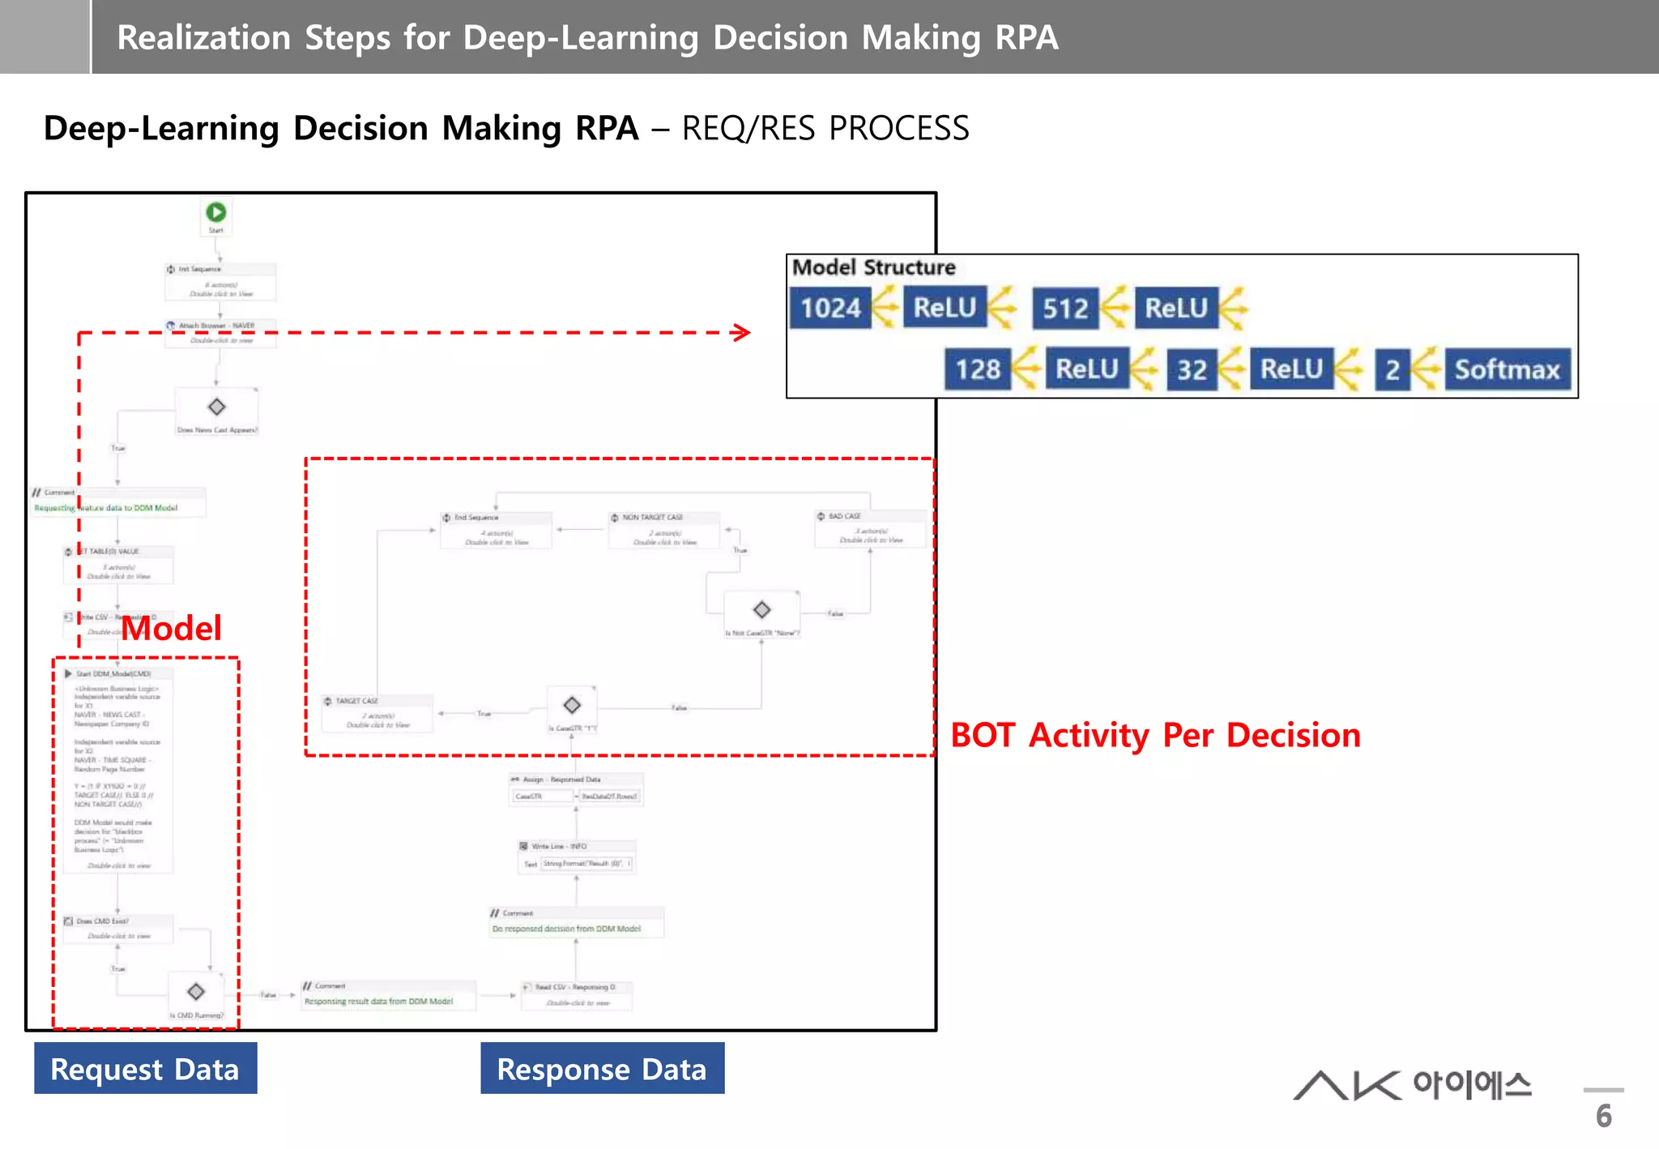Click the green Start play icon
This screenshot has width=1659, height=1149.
pos(215,212)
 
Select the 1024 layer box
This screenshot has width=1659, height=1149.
pos(830,308)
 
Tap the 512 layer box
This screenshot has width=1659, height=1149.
pos(1064,308)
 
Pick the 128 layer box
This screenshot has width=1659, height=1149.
pos(977,369)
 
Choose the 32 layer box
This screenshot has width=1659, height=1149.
pos(1191,369)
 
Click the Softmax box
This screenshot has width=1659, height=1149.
pos(1507,369)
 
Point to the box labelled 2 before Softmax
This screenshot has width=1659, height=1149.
pos(1392,369)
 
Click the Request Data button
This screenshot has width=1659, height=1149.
pos(145,1069)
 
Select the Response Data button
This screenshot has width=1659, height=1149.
pos(602,1069)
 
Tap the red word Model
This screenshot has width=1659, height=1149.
pos(171,628)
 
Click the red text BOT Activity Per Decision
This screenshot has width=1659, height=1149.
pos(1155,735)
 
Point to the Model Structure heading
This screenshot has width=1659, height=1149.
pos(873,267)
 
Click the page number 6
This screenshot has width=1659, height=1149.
pos(1603,1116)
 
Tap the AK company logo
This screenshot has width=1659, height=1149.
pos(1412,1085)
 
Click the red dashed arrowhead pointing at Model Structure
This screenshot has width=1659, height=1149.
pos(741,332)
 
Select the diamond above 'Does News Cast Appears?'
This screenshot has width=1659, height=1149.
pos(216,407)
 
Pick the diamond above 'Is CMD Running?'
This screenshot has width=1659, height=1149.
pos(195,992)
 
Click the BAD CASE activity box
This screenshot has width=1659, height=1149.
pos(870,528)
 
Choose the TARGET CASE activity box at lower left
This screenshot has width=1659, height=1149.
pos(377,712)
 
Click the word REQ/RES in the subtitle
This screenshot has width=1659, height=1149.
pos(747,128)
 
